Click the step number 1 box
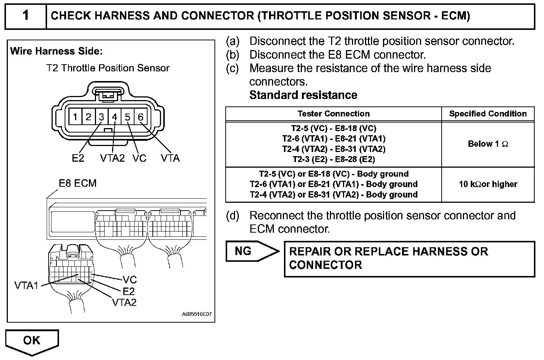(25, 16)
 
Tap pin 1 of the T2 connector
(75, 117)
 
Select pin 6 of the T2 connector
(140, 117)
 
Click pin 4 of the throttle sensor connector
(114, 117)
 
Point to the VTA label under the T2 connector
(170, 158)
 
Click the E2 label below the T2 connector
(78, 158)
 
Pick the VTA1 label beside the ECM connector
(27, 286)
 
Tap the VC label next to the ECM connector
(130, 280)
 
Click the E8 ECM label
(78, 183)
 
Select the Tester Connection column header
(333, 114)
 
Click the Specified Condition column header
(488, 114)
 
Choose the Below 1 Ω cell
(488, 144)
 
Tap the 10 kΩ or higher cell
(488, 184)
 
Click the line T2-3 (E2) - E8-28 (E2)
(334, 159)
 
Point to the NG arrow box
(251, 251)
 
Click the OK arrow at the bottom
(32, 341)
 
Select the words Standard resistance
(303, 95)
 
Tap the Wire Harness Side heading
(56, 51)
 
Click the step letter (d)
(232, 216)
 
